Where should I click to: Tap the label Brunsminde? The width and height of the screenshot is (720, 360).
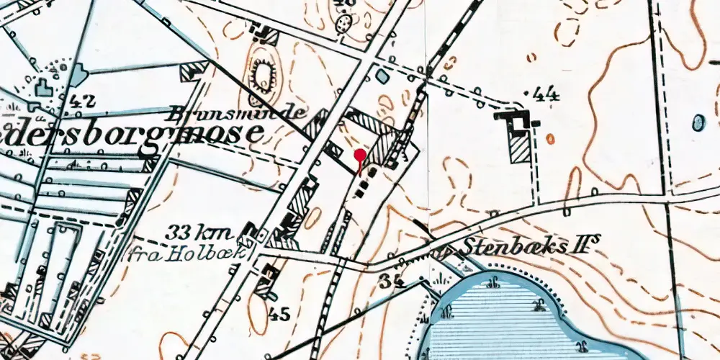coord(238,113)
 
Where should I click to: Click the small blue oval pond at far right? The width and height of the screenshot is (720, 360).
coord(698,123)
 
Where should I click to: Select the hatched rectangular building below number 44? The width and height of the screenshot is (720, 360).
coord(519,147)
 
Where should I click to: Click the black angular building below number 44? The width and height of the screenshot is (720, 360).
coord(516,118)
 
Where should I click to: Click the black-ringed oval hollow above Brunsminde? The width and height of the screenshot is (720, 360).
coord(264,74)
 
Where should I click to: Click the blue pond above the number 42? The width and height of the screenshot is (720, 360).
coord(78,74)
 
